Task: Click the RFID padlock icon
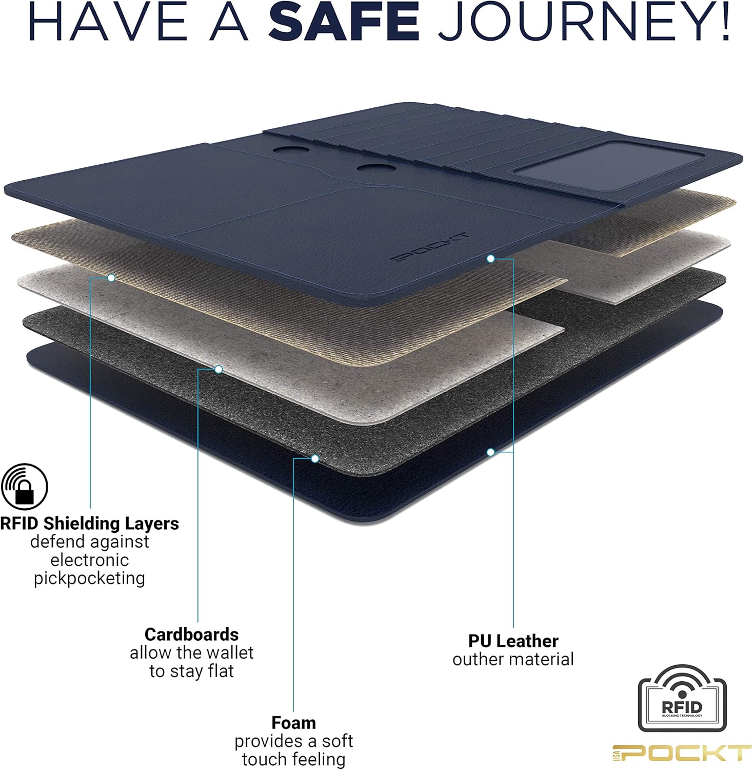point(24,487)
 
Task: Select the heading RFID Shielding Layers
point(89,523)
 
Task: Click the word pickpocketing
point(90,578)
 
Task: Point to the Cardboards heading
point(191,634)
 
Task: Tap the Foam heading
point(293,722)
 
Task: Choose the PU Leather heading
point(513,641)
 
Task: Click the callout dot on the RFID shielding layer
point(111,278)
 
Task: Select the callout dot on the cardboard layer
point(218,369)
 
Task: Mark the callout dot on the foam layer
point(315,458)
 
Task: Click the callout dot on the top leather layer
point(490,259)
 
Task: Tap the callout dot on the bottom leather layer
point(490,452)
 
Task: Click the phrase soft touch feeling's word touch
point(265,759)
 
